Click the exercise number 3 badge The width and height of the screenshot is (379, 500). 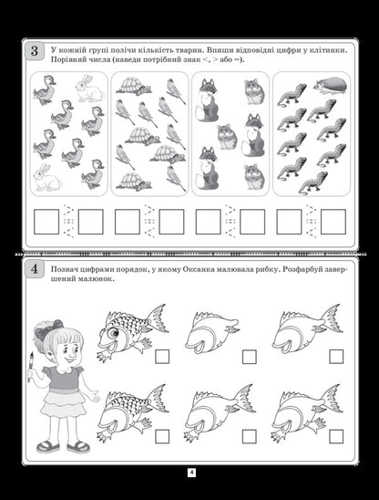[x=35, y=52]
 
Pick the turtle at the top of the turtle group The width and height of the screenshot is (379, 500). [x=136, y=86]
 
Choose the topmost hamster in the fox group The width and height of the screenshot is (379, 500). [x=253, y=91]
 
